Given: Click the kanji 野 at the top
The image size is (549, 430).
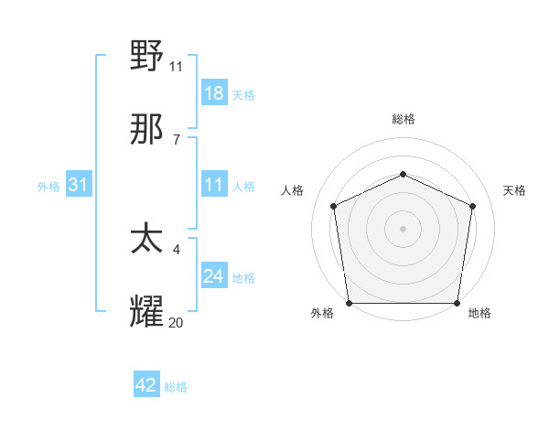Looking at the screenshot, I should (x=147, y=58).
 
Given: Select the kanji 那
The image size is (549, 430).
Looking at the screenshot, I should (x=147, y=130).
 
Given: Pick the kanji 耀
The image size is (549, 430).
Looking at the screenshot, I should (x=147, y=313).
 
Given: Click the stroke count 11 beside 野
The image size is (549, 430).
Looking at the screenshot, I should (x=177, y=66).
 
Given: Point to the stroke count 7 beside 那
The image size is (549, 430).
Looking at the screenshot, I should (x=176, y=139).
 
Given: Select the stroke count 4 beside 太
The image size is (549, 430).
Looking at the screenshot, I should (x=176, y=249).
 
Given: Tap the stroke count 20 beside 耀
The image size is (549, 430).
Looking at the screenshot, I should (x=177, y=322).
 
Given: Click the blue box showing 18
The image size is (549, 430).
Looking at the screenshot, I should (x=214, y=92).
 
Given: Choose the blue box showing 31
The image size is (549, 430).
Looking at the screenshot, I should (x=79, y=185).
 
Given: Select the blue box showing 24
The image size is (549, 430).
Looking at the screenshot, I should (x=214, y=276).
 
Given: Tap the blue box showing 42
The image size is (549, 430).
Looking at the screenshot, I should (x=146, y=385).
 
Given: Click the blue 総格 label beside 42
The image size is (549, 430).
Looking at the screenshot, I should (x=176, y=387).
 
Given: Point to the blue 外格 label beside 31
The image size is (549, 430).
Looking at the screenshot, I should (x=48, y=186).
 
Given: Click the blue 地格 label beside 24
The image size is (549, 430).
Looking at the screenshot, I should (x=243, y=277).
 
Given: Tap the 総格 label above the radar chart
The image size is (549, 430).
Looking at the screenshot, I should (x=403, y=119).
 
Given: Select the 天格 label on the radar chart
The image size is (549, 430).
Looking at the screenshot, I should (x=514, y=190).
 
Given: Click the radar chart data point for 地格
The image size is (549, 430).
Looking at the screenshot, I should (x=457, y=303).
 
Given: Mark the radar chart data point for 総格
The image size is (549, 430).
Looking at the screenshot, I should (x=403, y=174).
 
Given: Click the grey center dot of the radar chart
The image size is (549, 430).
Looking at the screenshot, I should (x=403, y=229).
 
